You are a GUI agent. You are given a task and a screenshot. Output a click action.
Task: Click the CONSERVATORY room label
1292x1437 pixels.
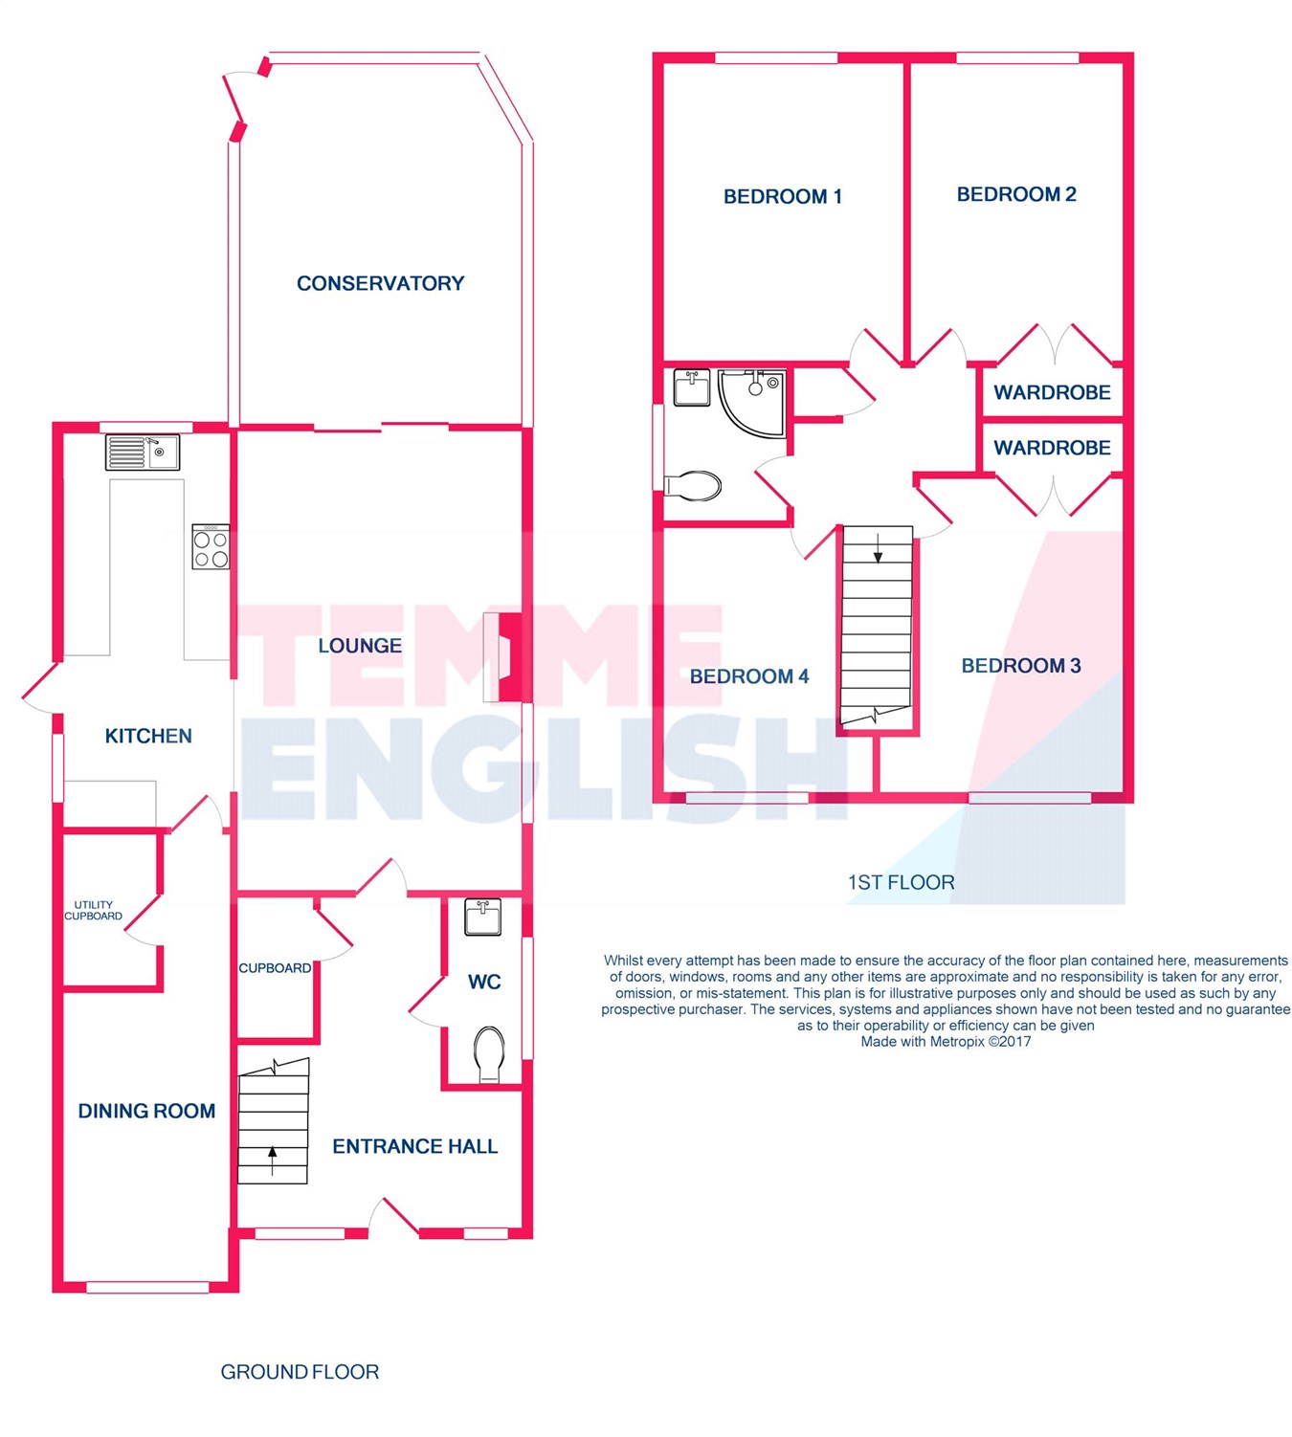click(x=380, y=283)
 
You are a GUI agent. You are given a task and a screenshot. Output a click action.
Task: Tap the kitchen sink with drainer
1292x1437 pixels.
click(x=142, y=452)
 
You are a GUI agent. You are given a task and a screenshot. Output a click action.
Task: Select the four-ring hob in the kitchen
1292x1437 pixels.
click(x=211, y=546)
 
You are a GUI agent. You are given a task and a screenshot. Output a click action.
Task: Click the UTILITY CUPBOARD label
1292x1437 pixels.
click(x=93, y=910)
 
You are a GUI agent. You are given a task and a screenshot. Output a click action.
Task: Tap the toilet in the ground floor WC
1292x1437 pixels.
click(x=489, y=1053)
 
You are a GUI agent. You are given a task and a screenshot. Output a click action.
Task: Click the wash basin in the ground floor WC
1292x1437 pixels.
click(x=482, y=917)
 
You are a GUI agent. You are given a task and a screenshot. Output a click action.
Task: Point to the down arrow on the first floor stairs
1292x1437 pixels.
click(x=878, y=548)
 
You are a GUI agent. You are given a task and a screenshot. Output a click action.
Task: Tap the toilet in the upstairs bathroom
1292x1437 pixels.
click(x=692, y=486)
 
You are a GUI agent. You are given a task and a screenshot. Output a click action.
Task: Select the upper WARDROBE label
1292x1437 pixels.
click(x=1052, y=392)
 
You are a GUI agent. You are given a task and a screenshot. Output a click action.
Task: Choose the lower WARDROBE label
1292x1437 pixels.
click(x=1052, y=448)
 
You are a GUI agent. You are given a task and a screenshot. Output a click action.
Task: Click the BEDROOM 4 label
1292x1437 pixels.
click(x=748, y=676)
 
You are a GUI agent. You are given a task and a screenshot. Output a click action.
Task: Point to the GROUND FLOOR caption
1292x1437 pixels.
click(x=300, y=1372)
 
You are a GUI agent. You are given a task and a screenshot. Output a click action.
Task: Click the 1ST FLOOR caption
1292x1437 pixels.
click(x=901, y=882)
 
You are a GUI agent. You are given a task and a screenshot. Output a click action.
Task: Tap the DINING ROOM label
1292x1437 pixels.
click(x=146, y=1111)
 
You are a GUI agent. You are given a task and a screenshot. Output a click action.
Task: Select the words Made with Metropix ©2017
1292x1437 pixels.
click(x=946, y=1042)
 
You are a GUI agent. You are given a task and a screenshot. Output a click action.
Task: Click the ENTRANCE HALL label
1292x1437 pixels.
click(x=415, y=1146)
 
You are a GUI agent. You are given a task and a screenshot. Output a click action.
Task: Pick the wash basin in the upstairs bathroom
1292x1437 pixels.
click(x=692, y=387)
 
